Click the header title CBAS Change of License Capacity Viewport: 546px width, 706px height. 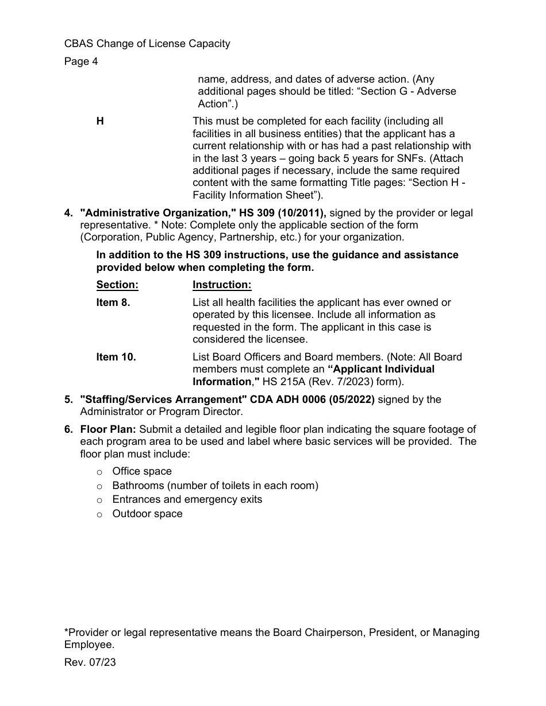click(147, 44)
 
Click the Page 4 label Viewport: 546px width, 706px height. click(81, 61)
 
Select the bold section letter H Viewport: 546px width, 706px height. click(100, 121)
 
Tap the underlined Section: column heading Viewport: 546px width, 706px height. click(117, 285)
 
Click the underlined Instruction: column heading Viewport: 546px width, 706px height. click(222, 285)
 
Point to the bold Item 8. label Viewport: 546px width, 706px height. click(113, 302)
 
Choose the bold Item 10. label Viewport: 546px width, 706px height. click(116, 357)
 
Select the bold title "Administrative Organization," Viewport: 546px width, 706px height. click(159, 213)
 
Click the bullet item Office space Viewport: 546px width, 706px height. click(142, 471)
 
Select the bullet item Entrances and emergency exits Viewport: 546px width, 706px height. click(187, 499)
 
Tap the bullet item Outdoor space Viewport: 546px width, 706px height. click(147, 514)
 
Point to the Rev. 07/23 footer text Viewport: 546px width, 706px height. click(90, 662)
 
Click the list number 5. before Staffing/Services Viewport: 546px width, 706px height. click(69, 399)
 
